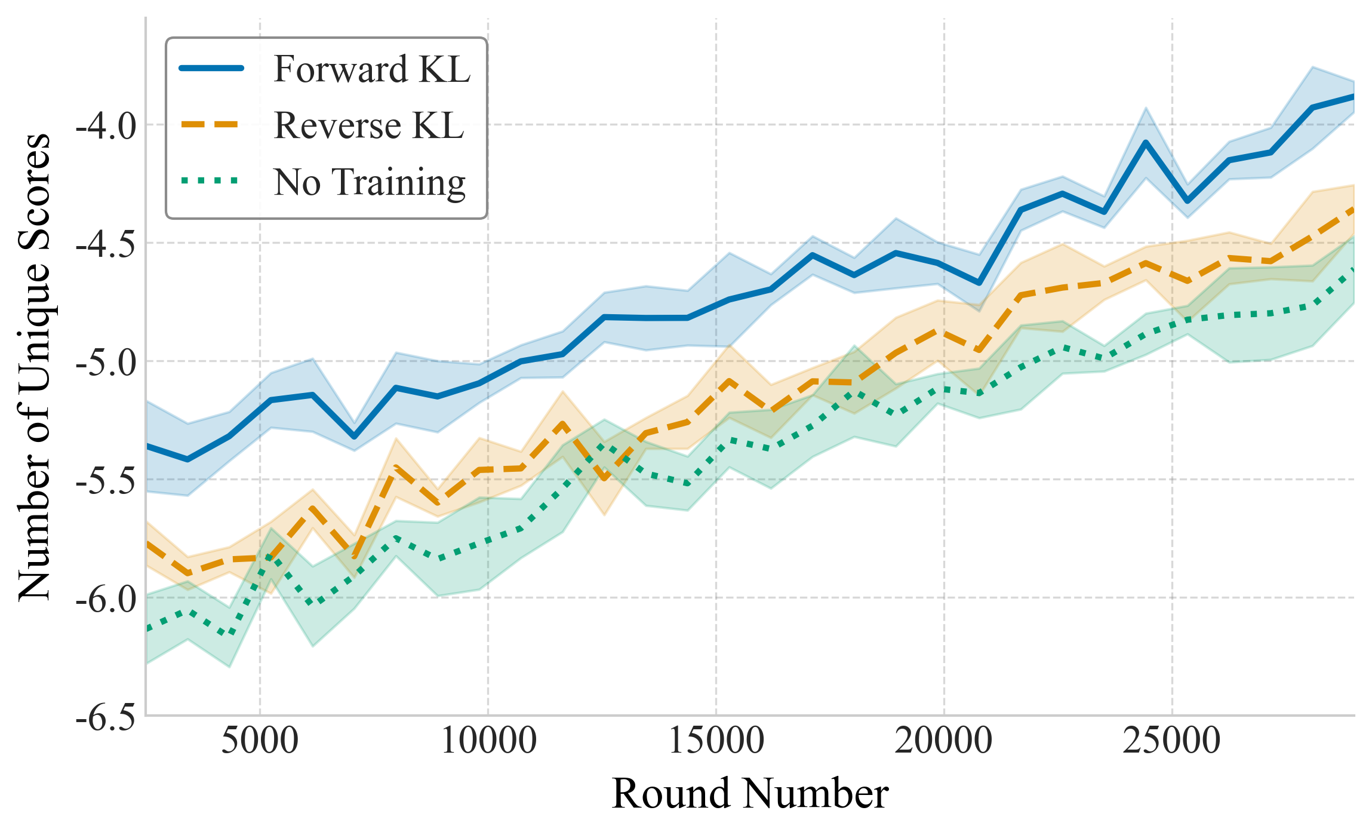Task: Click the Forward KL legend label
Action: click(x=371, y=69)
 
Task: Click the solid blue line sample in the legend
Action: click(x=212, y=68)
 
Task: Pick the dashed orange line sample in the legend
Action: click(x=212, y=124)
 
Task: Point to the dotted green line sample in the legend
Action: click(x=212, y=180)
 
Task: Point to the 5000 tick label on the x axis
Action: click(x=260, y=741)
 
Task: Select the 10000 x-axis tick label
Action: click(x=488, y=741)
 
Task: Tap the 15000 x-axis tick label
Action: click(x=716, y=741)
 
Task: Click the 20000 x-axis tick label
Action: click(x=944, y=741)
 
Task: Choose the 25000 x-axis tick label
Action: click(x=1172, y=741)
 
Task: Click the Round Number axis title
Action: click(x=750, y=794)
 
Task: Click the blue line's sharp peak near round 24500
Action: click(x=1146, y=142)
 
